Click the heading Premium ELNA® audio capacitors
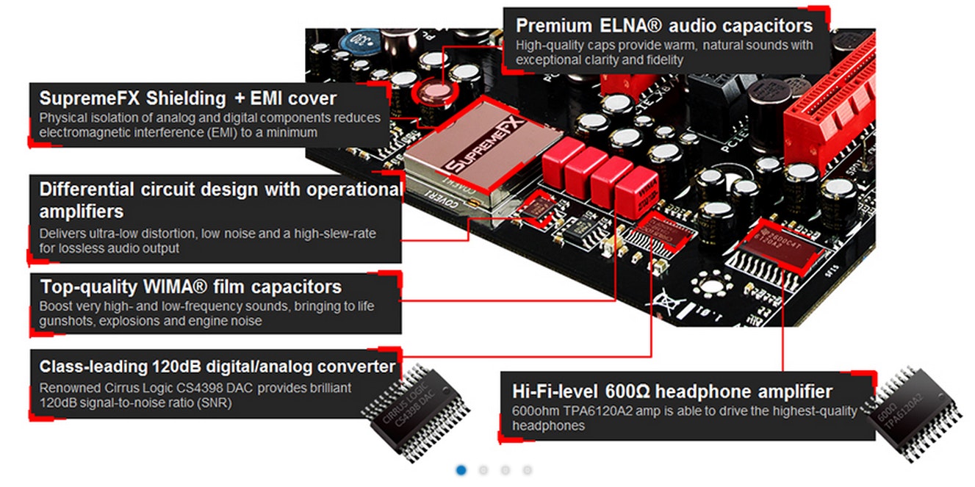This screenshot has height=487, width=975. [x=664, y=26]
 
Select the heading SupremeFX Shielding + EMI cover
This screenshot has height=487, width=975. [x=188, y=98]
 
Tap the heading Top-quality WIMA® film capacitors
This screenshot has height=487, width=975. [x=190, y=286]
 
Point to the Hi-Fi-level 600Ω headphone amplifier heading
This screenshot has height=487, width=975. [x=672, y=391]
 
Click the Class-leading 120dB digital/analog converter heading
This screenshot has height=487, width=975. [x=217, y=367]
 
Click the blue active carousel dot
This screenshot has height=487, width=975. [x=461, y=470]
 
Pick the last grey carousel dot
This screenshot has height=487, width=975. [x=528, y=470]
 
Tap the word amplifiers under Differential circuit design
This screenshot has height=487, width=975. [x=82, y=212]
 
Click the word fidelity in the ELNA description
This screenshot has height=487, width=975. [x=666, y=59]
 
